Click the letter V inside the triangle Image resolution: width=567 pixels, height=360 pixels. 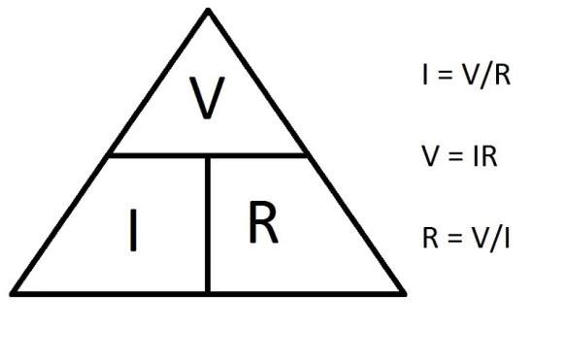(x=206, y=98)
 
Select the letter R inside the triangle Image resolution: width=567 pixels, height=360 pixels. (x=262, y=222)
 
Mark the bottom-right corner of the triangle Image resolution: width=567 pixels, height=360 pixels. (x=403, y=291)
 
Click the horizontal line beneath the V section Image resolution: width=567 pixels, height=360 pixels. (x=155, y=155)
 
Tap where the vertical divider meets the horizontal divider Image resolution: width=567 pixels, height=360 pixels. (x=208, y=155)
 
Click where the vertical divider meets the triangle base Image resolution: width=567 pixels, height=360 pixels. (x=208, y=291)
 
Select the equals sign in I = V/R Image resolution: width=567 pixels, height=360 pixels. (x=445, y=77)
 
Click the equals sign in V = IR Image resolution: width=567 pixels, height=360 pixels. (x=455, y=156)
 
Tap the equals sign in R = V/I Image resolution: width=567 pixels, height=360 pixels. (x=455, y=237)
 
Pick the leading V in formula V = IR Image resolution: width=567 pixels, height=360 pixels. (x=430, y=156)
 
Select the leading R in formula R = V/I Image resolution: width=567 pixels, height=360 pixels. (x=430, y=237)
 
